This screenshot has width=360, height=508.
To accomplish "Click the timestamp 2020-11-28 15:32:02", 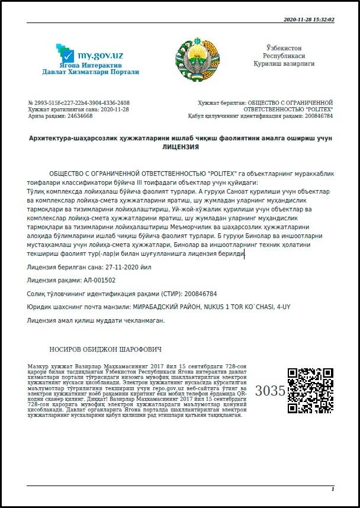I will (309, 20).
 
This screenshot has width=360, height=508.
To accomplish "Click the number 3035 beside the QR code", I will (270, 391).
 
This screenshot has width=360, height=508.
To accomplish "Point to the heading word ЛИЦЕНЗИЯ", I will (181, 146).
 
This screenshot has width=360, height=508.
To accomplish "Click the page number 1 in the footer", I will (333, 489).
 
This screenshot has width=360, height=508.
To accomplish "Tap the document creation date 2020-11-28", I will (109, 110).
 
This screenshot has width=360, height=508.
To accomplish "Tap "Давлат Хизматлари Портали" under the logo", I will (91, 72).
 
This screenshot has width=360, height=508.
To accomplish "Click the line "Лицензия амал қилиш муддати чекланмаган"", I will (96, 320).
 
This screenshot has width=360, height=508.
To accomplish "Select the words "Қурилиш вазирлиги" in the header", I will (284, 63).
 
